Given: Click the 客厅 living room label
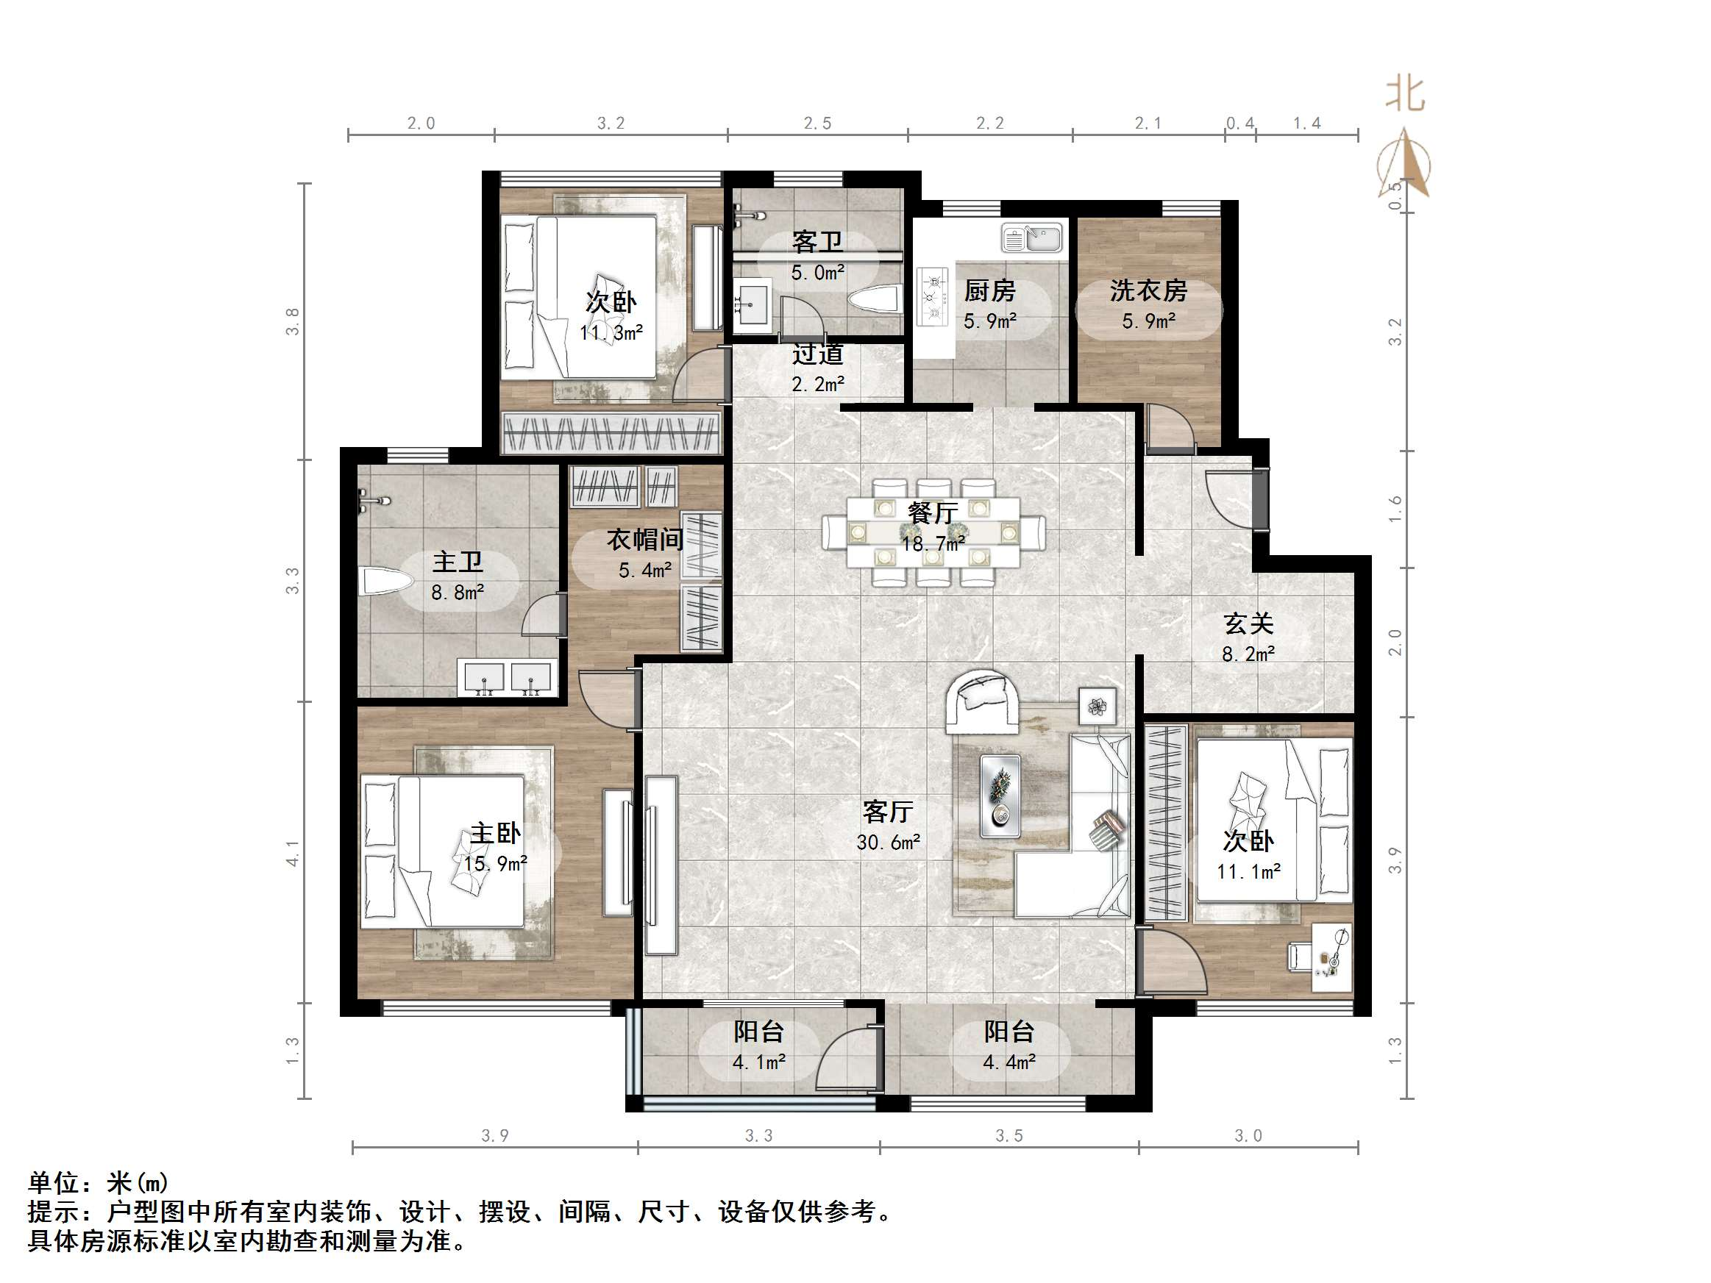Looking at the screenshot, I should (887, 811).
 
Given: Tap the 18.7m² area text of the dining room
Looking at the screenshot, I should (933, 543).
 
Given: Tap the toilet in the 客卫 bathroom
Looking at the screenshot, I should (875, 299).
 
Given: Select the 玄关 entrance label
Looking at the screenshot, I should (1248, 623).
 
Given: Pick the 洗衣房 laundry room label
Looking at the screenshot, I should (1149, 290).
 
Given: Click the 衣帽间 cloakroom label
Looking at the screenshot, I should (644, 539).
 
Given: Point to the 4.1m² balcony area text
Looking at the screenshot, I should (759, 1062).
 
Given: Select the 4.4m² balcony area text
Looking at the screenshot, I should (1009, 1062).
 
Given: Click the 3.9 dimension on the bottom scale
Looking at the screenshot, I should (495, 1135).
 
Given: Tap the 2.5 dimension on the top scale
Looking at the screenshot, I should (817, 123).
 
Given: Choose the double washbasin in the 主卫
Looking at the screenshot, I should (508, 678).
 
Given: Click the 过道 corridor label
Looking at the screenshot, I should (817, 354).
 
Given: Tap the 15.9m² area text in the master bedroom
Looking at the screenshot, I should (495, 864).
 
